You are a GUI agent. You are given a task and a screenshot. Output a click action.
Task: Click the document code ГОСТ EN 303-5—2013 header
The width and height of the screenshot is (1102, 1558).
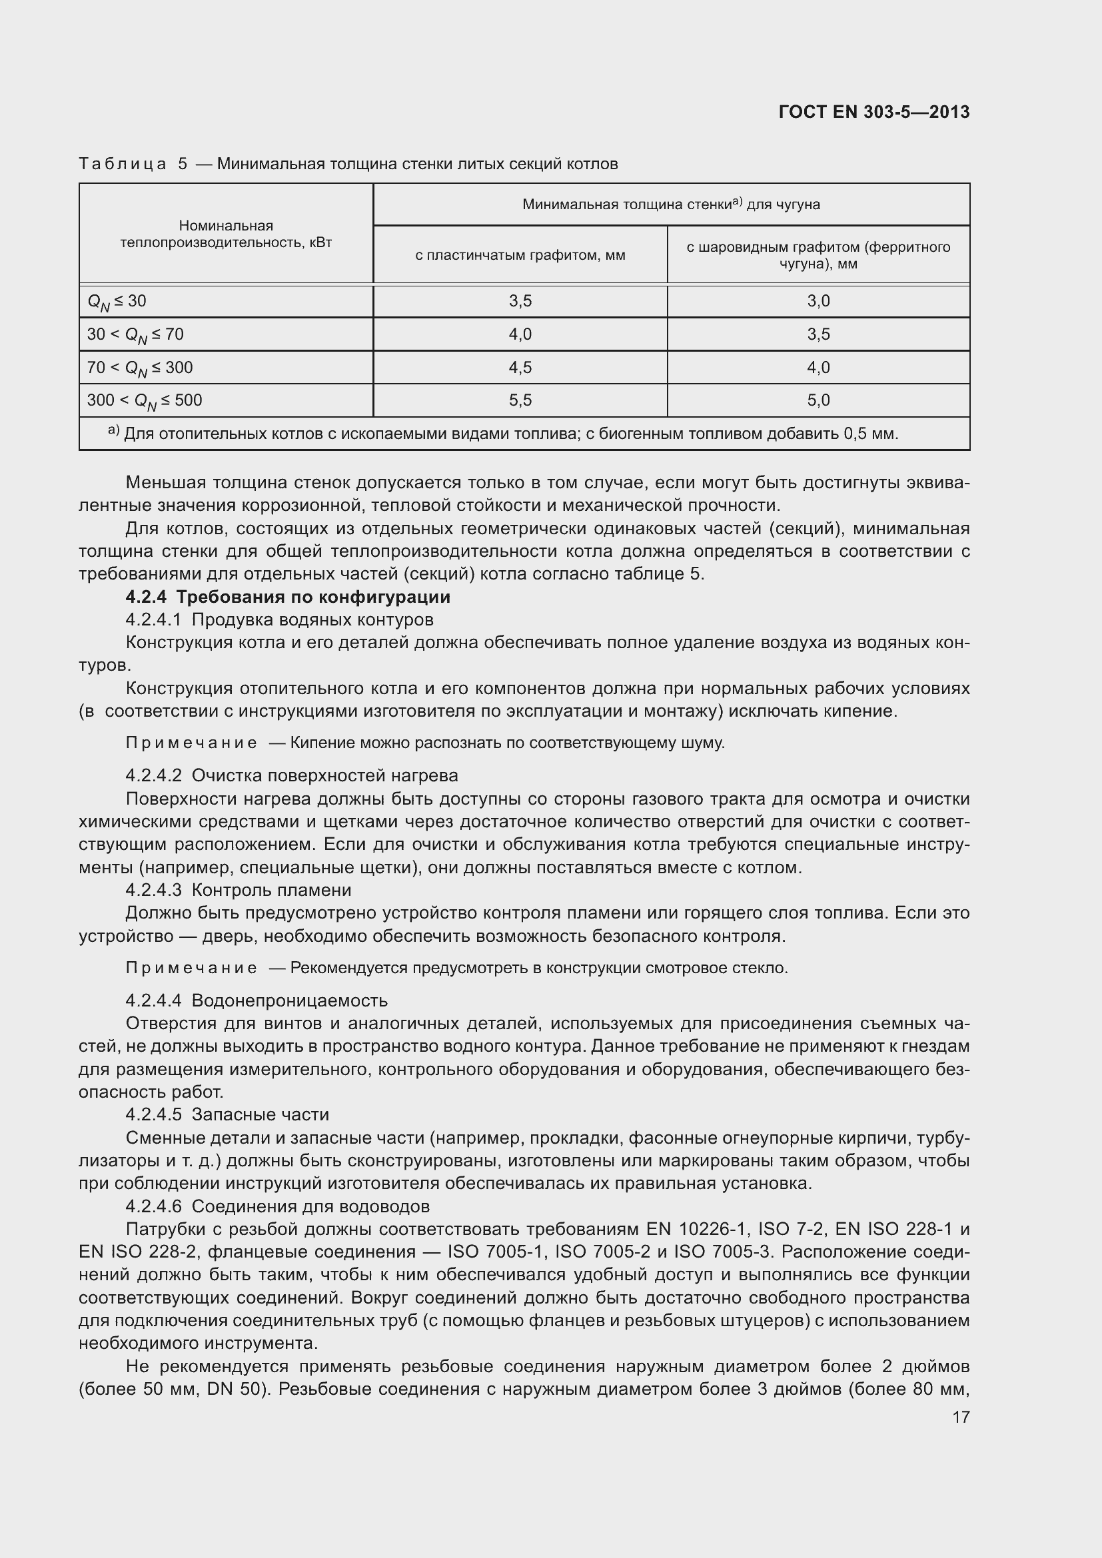tap(874, 112)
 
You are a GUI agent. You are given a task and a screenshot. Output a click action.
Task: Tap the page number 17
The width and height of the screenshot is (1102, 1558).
tap(961, 1417)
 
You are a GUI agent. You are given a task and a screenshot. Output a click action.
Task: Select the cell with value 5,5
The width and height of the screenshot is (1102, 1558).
tap(520, 400)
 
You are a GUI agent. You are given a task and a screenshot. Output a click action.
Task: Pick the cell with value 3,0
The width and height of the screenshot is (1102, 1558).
tap(818, 300)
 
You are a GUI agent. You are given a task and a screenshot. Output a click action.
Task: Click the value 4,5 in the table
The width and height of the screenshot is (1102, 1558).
tap(520, 367)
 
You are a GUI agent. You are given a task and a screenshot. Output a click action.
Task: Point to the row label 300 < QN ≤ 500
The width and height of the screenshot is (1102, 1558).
tap(144, 401)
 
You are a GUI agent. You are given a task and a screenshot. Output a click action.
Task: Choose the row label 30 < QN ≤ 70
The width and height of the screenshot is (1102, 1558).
tap(135, 334)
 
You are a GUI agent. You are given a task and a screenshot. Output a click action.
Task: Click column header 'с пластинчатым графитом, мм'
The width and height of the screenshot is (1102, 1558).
tap(520, 255)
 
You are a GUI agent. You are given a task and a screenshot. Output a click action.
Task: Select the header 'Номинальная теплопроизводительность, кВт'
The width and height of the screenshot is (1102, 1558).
tap(225, 234)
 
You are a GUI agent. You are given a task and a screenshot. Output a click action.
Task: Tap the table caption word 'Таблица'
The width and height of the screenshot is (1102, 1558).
tap(122, 164)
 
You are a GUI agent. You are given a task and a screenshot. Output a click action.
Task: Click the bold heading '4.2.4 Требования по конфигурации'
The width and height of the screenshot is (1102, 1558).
tap(288, 597)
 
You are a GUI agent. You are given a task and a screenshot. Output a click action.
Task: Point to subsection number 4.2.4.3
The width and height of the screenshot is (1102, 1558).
tap(153, 890)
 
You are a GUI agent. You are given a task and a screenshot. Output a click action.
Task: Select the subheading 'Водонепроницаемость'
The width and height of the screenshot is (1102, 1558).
tap(290, 1001)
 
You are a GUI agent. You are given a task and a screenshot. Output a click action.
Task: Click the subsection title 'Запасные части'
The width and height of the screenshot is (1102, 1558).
tap(261, 1115)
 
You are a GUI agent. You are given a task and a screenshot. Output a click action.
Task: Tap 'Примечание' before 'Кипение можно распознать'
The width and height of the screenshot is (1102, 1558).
tap(191, 743)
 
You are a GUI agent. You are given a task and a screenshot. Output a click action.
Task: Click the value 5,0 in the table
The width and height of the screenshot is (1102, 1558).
tap(818, 400)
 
